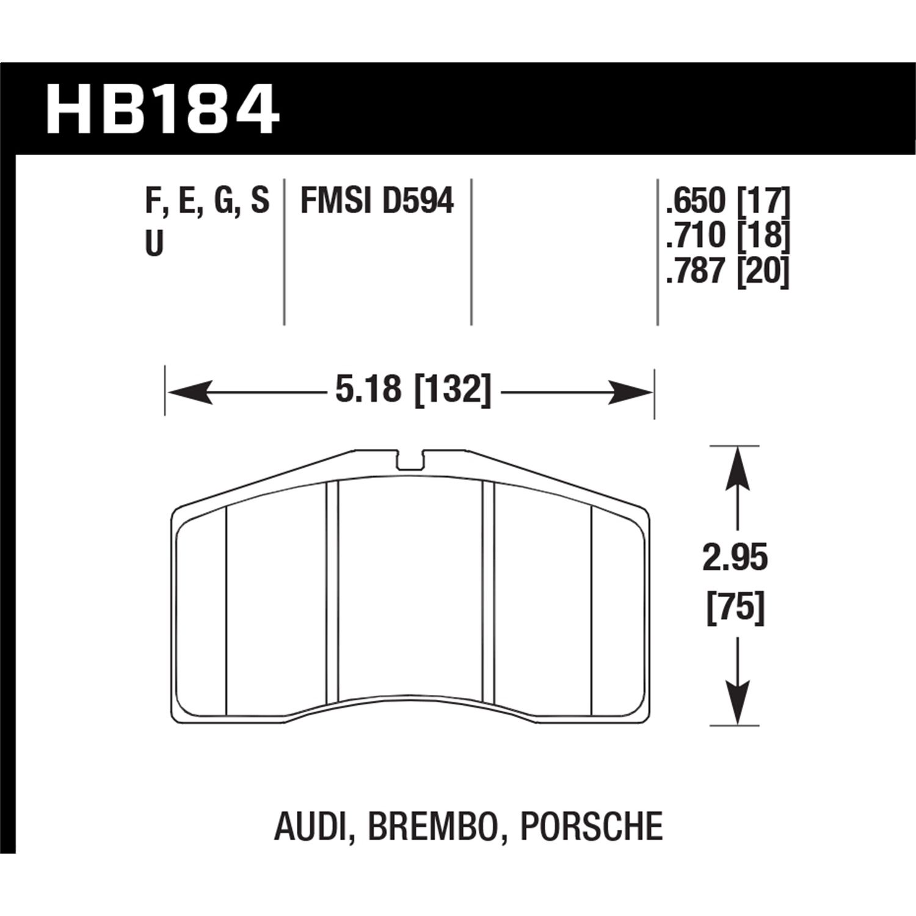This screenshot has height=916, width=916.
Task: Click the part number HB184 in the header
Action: point(162,111)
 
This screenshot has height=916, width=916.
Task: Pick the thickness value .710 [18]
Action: point(728,235)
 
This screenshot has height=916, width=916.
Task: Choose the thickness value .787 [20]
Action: point(728,271)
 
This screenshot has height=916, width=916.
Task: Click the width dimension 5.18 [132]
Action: point(413,389)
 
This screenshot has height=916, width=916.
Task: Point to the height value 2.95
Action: point(735,559)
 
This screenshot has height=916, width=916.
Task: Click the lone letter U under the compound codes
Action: point(154,244)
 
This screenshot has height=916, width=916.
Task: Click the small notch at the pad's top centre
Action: point(410,461)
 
